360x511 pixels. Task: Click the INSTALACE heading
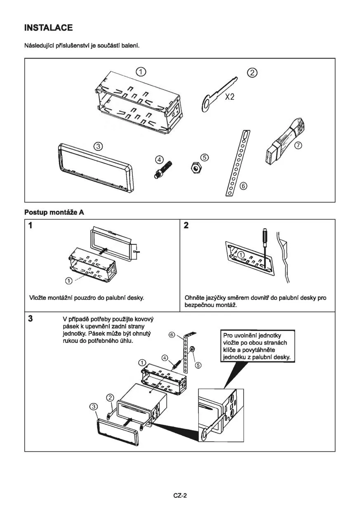pyautogui.click(x=48, y=28)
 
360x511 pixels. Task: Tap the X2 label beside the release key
pyautogui.click(x=230, y=98)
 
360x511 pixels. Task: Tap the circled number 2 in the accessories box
pyautogui.click(x=252, y=73)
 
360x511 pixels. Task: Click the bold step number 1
pyautogui.click(x=31, y=226)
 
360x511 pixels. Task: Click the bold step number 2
pyautogui.click(x=186, y=226)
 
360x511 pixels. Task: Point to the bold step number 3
pyautogui.click(x=31, y=319)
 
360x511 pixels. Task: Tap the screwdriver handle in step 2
pyautogui.click(x=261, y=237)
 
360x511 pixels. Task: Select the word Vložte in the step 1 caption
pyautogui.click(x=38, y=297)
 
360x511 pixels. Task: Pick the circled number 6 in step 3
pyautogui.click(x=172, y=335)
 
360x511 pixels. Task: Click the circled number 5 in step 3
pyautogui.click(x=198, y=365)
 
